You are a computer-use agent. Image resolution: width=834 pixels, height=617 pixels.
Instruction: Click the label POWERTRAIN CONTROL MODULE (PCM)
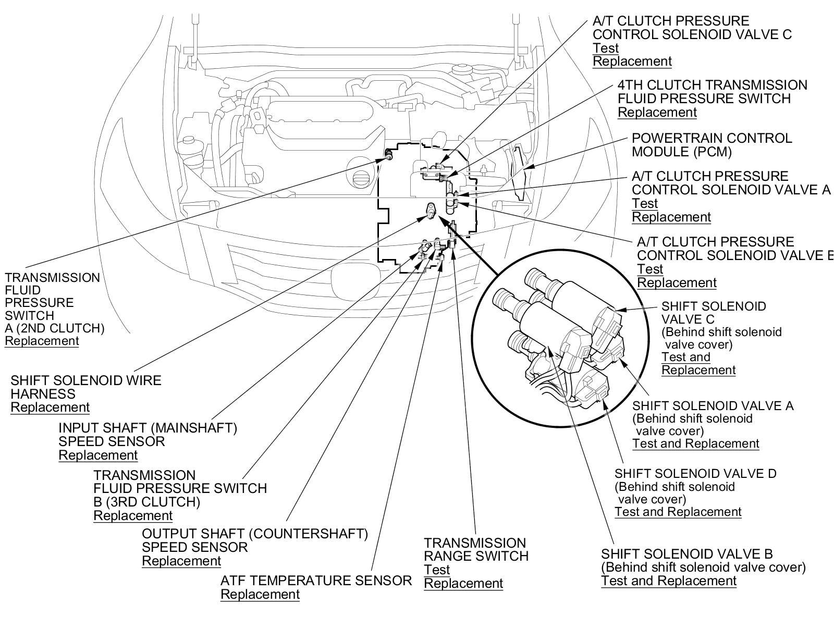[x=712, y=145]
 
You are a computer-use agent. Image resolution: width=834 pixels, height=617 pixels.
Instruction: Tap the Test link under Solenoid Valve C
[x=605, y=48]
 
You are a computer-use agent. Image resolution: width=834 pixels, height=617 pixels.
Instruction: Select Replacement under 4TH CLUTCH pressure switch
[x=657, y=112]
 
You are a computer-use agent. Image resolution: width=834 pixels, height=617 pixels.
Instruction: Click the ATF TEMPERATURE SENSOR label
[x=316, y=581]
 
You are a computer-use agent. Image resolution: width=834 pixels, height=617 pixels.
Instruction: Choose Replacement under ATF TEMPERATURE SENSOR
[x=260, y=594]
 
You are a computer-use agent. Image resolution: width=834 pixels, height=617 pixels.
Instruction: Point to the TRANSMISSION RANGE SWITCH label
[x=476, y=550]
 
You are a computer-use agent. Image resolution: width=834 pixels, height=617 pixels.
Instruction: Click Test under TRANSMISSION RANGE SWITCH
[x=436, y=570]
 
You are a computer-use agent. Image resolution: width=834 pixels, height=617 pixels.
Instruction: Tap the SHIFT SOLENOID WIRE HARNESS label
[x=85, y=387]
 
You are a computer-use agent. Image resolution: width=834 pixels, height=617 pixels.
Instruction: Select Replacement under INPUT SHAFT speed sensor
[x=98, y=455]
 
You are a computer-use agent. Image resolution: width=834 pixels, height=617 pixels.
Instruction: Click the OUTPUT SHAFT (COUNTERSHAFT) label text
[x=255, y=534]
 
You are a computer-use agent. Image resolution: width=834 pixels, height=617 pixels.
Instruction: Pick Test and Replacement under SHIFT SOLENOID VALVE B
[x=669, y=581]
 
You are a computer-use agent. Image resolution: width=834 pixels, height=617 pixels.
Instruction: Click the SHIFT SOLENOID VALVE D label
[x=695, y=473]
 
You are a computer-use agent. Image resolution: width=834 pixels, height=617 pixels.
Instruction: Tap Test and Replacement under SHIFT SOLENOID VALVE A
[x=696, y=443]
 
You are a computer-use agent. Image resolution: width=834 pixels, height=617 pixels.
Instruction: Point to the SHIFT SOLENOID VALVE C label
[x=714, y=312]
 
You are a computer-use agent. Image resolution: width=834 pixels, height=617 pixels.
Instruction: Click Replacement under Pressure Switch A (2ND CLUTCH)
[x=42, y=341]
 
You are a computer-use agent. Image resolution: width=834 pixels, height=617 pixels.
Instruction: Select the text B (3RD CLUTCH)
[x=146, y=502]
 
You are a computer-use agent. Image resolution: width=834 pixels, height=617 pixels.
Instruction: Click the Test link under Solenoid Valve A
[x=645, y=203]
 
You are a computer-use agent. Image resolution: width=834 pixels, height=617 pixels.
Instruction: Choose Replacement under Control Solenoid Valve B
[x=677, y=282]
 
